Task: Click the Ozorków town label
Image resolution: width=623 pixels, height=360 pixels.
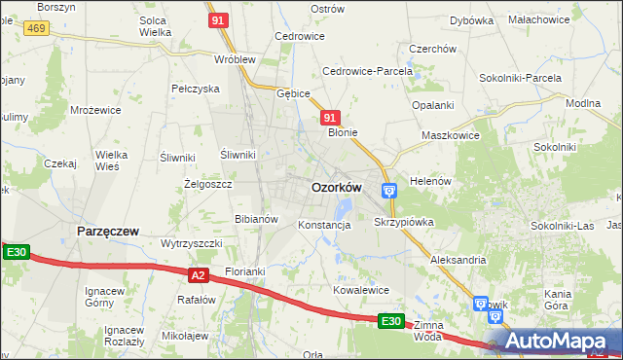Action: tap(336, 187)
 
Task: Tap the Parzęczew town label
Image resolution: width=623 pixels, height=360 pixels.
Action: tap(107, 232)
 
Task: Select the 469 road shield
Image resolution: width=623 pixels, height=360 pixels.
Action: tap(37, 29)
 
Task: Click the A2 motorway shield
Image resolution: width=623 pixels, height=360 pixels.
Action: tap(199, 275)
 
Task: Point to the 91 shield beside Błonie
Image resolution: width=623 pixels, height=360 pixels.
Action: tap(330, 117)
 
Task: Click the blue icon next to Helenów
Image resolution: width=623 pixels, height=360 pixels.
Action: tap(388, 190)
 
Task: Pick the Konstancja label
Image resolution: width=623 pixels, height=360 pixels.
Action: tap(324, 225)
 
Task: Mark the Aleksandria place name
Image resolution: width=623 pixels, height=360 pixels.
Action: tap(458, 260)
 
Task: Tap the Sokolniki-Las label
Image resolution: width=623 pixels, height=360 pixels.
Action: tap(563, 225)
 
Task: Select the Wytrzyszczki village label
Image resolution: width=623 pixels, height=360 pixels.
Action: tap(192, 242)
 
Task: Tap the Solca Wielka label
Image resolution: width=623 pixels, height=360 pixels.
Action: tap(155, 25)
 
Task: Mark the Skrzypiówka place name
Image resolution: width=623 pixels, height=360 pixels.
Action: tap(403, 222)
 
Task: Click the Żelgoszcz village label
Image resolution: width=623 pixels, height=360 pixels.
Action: tap(207, 183)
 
